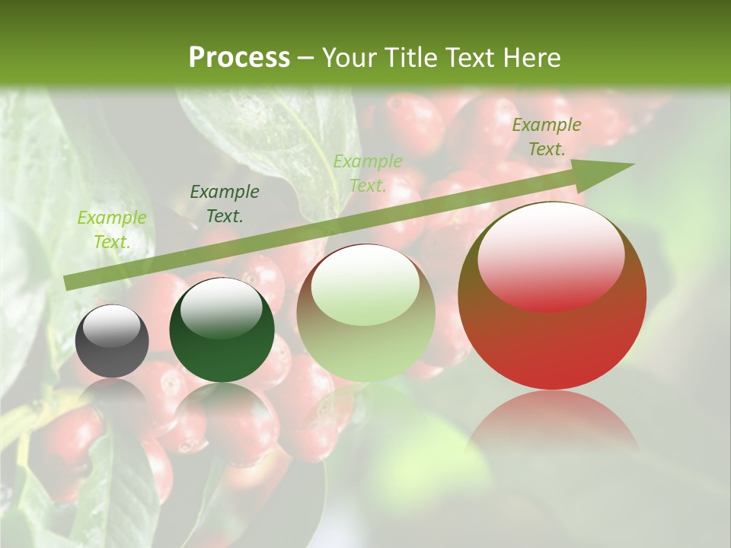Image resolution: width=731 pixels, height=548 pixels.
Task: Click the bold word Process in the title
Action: pyautogui.click(x=239, y=58)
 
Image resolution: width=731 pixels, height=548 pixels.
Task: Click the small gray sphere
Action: pyautogui.click(x=112, y=341)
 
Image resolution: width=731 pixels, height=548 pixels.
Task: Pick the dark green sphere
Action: pyautogui.click(x=222, y=330)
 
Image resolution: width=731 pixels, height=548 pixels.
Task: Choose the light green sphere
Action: pyautogui.click(x=365, y=313)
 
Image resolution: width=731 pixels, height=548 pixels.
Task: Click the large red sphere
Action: pyautogui.click(x=552, y=296)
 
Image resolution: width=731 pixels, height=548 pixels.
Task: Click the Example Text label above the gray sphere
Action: pyautogui.click(x=112, y=230)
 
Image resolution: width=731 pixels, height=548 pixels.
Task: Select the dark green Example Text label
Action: pyautogui.click(x=225, y=204)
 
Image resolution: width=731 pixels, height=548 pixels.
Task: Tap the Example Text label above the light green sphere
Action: pyautogui.click(x=368, y=173)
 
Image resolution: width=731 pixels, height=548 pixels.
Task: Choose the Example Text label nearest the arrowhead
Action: pyautogui.click(x=547, y=137)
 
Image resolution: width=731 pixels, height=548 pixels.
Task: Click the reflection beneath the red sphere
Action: pyautogui.click(x=552, y=426)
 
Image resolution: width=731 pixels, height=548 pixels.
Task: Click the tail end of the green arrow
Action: pyautogui.click(x=69, y=282)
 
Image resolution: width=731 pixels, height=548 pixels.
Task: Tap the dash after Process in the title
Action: pyautogui.click(x=306, y=58)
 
